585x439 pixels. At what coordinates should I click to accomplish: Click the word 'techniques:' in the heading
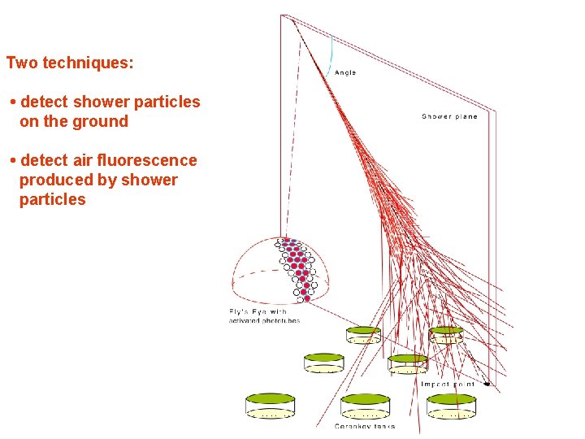[89, 63]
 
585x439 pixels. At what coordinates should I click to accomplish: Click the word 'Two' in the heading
[22, 63]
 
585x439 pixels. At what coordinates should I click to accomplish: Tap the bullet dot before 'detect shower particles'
[13, 102]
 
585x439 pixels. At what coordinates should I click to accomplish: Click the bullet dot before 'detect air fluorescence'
[13, 161]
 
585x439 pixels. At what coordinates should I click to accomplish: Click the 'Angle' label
[345, 72]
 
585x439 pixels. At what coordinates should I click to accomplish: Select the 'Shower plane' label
[449, 116]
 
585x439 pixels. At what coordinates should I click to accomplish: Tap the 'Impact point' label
[447, 384]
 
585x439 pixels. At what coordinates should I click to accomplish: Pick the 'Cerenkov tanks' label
[365, 426]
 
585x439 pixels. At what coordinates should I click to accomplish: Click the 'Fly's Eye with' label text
[258, 311]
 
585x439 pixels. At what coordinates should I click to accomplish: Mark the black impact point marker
[487, 383]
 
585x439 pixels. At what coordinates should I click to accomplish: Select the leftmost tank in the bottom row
[271, 405]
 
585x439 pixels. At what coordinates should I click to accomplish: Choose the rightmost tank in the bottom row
[452, 405]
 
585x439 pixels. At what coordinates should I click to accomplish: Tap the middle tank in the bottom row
[366, 405]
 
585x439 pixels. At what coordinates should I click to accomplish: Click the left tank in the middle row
[323, 363]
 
